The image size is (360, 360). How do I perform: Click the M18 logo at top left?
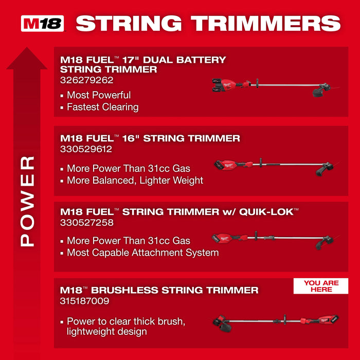43,24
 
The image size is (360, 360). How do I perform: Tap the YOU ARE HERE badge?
320,286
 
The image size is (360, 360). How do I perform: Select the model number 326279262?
86,80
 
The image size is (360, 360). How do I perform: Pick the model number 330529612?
86,150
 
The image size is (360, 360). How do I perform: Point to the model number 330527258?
86,223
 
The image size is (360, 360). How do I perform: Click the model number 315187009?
85,301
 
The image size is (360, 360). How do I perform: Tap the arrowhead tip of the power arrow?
27,50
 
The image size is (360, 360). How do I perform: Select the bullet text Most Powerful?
98,95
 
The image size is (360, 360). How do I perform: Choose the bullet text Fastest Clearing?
102,107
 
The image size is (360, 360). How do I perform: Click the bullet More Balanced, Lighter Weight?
135,181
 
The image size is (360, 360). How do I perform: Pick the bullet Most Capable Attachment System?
142,253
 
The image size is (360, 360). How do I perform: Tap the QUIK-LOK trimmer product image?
273,239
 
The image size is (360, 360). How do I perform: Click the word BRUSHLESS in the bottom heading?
124,291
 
